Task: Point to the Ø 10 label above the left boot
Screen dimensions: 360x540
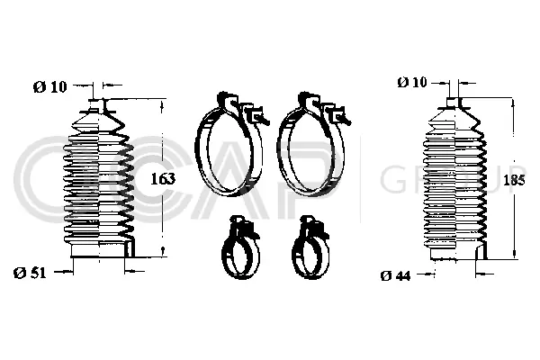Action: click(50, 86)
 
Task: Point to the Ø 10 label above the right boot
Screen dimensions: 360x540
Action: click(413, 83)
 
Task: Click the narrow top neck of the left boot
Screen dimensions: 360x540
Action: click(100, 101)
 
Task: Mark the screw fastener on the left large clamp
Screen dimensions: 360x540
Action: click(256, 114)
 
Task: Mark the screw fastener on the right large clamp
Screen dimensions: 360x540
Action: click(338, 114)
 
